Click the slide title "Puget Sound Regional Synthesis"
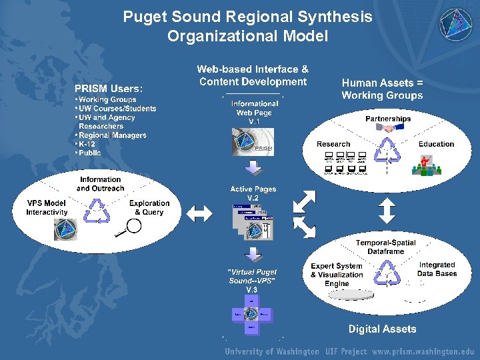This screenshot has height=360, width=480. [x=247, y=17]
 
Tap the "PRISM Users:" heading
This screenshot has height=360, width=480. [x=108, y=87]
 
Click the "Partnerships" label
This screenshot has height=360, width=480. [x=388, y=119]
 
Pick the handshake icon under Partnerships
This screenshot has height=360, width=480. [x=388, y=128]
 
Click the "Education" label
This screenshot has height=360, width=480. [x=436, y=144]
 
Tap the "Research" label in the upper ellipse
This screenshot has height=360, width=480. [x=333, y=144]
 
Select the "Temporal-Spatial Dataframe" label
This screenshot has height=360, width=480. [x=385, y=247]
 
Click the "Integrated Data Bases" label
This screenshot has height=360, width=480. [x=437, y=269]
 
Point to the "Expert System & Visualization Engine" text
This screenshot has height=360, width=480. [x=337, y=275]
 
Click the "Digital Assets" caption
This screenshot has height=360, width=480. [x=382, y=329]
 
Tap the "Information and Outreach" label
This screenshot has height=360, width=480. [x=100, y=184]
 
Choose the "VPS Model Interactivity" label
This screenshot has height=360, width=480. [x=47, y=207]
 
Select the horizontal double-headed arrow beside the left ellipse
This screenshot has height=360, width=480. [x=199, y=213]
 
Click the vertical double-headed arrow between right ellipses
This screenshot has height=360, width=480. [x=387, y=210]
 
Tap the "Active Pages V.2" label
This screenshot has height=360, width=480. [x=253, y=194]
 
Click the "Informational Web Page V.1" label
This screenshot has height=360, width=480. [x=254, y=113]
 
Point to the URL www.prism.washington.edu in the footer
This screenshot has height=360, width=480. [x=423, y=351]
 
